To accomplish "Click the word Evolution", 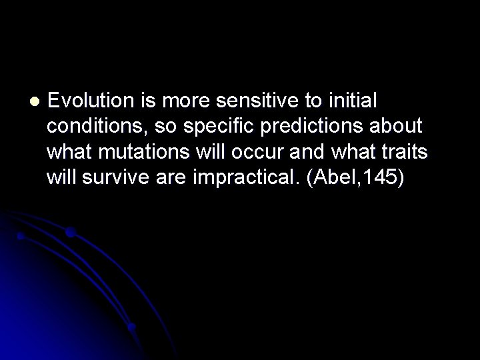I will [x=92, y=101].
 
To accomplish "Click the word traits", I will [x=405, y=152].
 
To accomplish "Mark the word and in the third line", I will [x=306, y=152].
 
